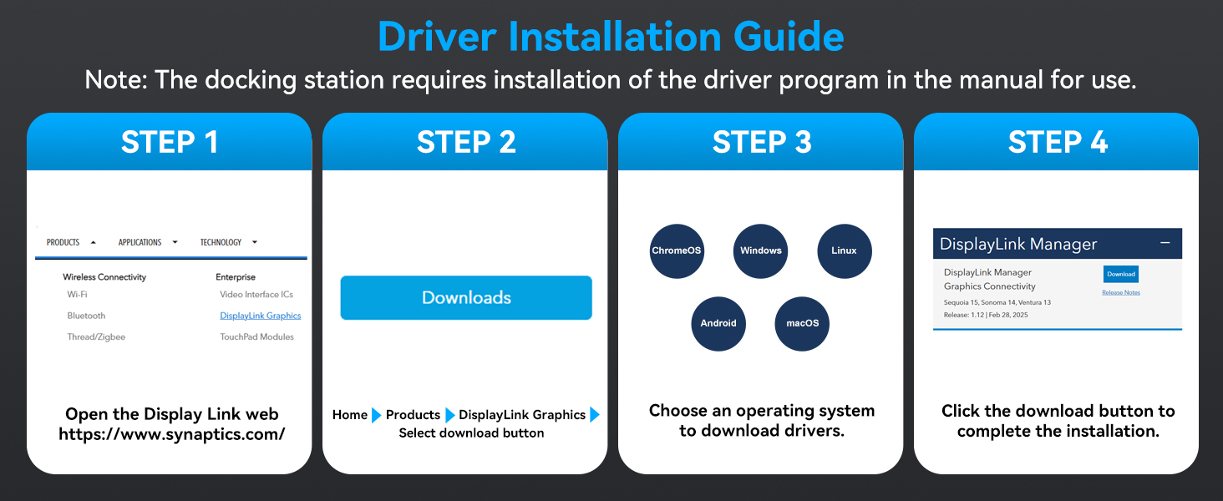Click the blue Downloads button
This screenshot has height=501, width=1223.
[465, 297]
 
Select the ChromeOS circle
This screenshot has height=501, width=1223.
[677, 251]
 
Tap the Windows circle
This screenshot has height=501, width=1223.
[760, 251]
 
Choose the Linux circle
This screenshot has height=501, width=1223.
[844, 251]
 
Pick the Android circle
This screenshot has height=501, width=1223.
[718, 324]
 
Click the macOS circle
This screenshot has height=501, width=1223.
[802, 324]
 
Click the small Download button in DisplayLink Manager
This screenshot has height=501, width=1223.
[1121, 274]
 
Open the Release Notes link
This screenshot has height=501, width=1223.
[1121, 292]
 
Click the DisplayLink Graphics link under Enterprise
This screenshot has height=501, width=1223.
[261, 316]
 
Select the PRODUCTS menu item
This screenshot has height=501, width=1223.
[63, 242]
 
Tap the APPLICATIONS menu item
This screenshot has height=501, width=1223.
[140, 242]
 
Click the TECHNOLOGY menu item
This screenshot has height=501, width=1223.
[221, 242]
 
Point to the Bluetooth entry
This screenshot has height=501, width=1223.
[86, 316]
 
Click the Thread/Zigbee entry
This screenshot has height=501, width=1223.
[96, 337]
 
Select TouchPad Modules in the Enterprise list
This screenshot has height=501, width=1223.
[256, 337]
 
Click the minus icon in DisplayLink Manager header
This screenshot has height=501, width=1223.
[1165, 243]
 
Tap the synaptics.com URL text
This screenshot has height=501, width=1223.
[171, 434]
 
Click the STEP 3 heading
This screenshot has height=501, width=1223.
[762, 142]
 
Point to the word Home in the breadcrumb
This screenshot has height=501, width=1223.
[350, 415]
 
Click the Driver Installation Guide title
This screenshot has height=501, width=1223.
[611, 36]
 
